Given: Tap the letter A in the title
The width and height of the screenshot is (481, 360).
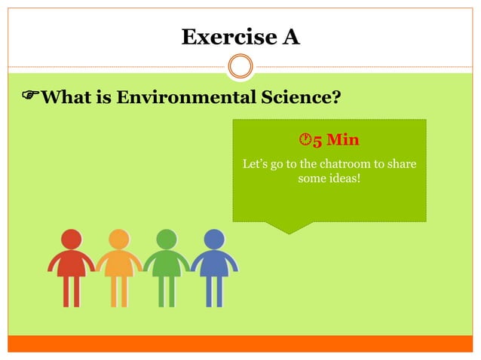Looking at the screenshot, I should pos(290,36).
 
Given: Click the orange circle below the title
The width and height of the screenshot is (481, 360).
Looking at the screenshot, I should pos(240,67).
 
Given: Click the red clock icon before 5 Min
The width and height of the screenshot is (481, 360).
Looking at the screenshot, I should pos(305,140).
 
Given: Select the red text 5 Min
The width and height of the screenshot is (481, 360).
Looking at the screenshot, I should pos(336,140).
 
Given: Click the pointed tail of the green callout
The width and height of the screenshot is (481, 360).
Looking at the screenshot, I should pos(289,227).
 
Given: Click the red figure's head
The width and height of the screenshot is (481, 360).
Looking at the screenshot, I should pos(72,239).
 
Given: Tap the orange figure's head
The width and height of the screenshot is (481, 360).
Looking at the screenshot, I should pos(119,239).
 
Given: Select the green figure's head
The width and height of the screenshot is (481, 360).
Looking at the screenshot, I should pos(167,239).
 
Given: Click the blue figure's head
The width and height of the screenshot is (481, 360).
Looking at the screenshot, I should pos(214,239).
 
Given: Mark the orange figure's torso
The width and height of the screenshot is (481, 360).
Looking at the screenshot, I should pos(119,263).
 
